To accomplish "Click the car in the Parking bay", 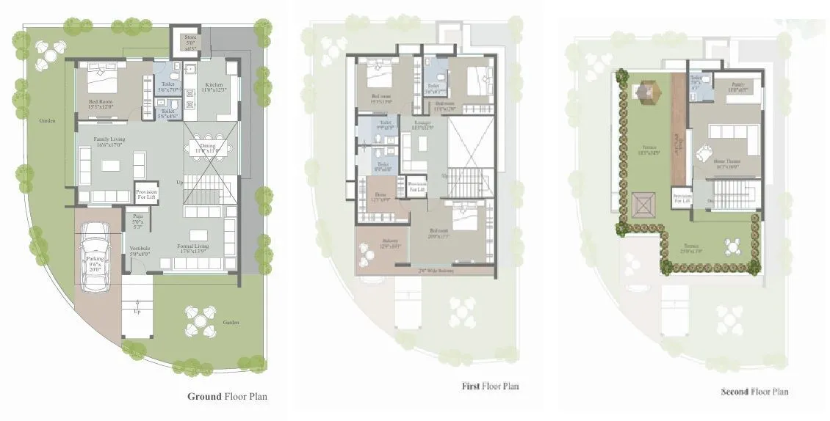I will click(x=95, y=256).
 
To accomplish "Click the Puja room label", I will click(x=137, y=220).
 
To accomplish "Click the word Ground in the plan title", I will click(x=204, y=397).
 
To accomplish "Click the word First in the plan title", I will click(x=470, y=386).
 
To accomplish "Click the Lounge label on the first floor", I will click(x=421, y=125).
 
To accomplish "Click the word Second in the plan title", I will click(x=735, y=392).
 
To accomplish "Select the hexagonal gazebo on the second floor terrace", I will click(x=645, y=92).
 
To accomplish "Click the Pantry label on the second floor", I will click(x=737, y=87).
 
